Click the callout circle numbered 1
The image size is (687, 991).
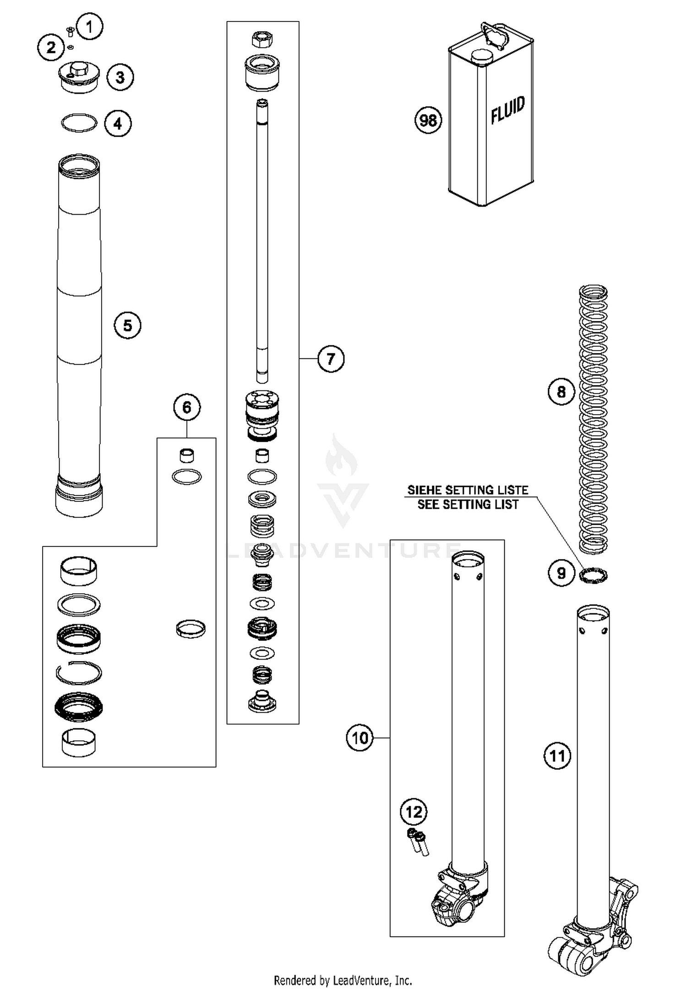coord(90,27)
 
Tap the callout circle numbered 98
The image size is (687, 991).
coord(428,120)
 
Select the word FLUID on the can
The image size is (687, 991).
coord(507,110)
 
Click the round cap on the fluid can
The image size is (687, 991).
coord(481,56)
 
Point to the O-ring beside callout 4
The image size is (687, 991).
coord(79,123)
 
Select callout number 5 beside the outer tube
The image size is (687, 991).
coord(127,325)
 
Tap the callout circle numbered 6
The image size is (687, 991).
coord(187,407)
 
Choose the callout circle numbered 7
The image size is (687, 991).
coord(331,358)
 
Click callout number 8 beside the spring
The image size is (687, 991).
coord(562,392)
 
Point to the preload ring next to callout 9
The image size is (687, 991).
coord(593,575)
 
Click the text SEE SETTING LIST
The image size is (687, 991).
coord(468,505)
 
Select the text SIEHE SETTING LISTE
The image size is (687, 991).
coord(468,490)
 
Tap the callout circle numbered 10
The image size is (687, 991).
coord(360,738)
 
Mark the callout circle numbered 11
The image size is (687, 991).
coord(557,755)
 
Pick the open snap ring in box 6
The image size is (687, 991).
coord(79,672)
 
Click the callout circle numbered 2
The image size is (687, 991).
coord(51,47)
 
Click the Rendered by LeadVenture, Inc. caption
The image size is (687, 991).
coord(343,980)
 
